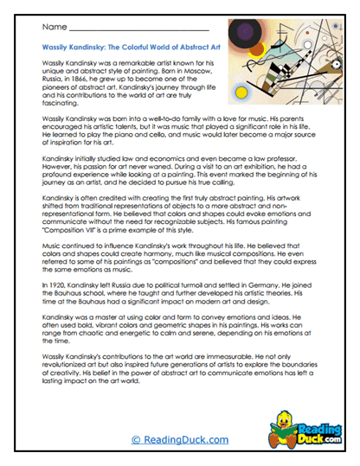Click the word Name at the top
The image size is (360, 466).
click(48, 29)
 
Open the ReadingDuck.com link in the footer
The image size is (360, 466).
click(179, 440)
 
